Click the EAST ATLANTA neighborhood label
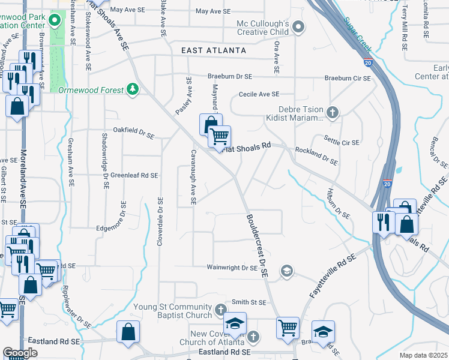[214, 51]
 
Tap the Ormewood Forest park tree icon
[133, 89]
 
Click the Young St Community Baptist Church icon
[220, 311]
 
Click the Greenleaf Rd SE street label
[134, 175]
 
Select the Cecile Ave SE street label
[259, 94]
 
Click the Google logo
[20, 352]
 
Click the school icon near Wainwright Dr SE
[287, 271]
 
